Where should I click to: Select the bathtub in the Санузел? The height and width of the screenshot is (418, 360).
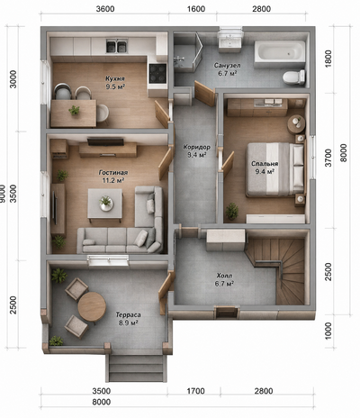pos(280,51)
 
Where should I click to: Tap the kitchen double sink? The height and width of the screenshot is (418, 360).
pos(116,47)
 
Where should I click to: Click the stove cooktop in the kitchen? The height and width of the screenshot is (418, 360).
pos(157,73)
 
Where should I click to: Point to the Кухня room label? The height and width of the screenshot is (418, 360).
pos(115,78)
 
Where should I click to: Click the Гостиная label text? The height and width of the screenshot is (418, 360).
pos(113,173)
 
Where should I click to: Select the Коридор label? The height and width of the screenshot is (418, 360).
pos(196,147)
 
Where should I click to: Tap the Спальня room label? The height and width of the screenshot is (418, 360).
pos(265,164)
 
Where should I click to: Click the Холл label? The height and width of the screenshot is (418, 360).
pos(224,276)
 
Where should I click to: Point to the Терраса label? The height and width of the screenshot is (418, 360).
pos(129,314)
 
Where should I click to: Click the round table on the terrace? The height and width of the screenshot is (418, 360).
pos(92,306)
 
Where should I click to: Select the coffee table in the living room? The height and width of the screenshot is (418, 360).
pos(105,204)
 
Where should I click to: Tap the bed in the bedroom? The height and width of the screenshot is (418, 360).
pos(275,169)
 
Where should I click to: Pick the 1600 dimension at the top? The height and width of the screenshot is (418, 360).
pos(196,9)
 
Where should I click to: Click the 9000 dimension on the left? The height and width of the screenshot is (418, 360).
pos(3,193)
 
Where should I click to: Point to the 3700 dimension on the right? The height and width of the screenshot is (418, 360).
pos(329,158)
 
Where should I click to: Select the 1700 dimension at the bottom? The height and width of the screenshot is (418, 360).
pos(195,391)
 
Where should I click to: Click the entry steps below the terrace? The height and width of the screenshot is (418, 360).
pos(136,368)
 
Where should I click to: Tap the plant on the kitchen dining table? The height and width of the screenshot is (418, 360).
pos(74,110)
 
